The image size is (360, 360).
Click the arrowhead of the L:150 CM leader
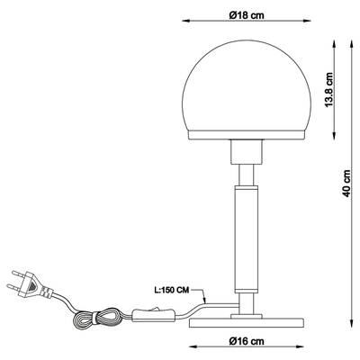[x=206, y=304]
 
